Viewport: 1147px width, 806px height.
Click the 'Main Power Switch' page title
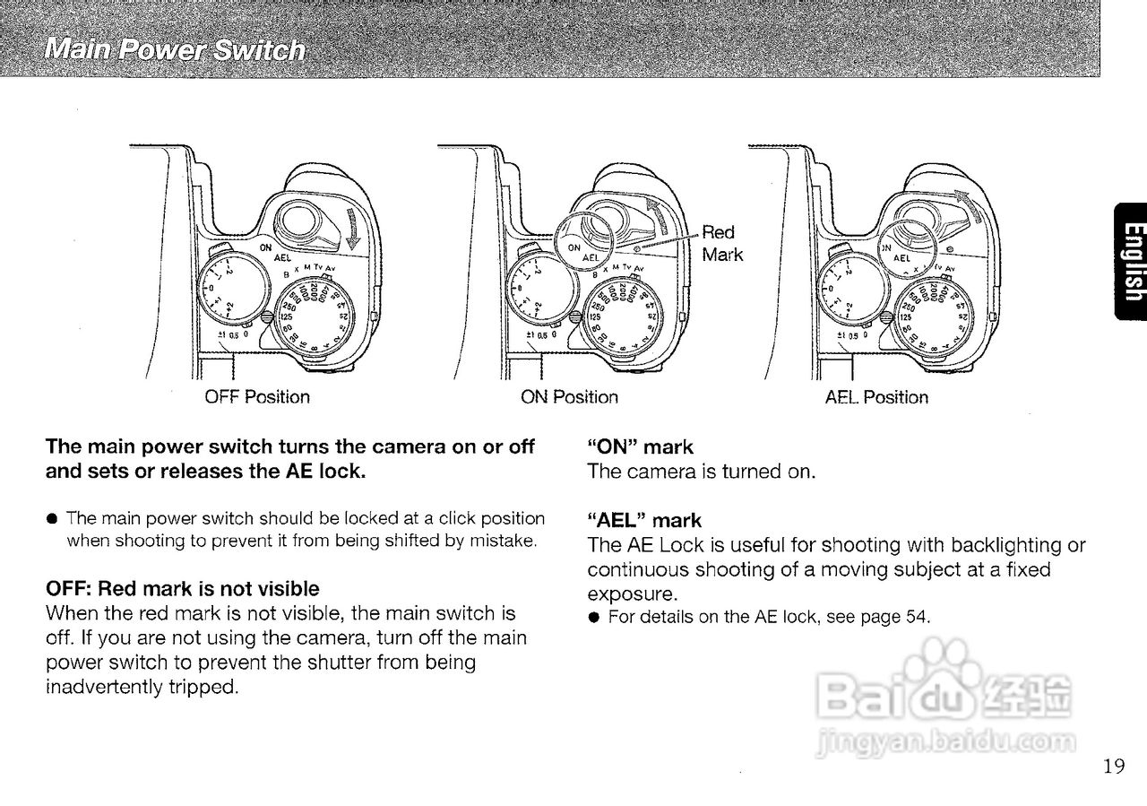click(x=176, y=48)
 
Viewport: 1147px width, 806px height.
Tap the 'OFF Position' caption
click(x=257, y=396)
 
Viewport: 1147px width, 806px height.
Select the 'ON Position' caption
click(x=569, y=396)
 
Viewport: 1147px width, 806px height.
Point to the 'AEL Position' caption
click(x=876, y=396)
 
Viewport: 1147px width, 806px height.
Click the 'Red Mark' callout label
click(x=721, y=243)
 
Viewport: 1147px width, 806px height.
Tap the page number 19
click(x=1114, y=765)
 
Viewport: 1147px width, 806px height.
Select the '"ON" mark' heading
click(x=640, y=446)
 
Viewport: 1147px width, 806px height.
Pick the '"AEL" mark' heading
click(x=644, y=520)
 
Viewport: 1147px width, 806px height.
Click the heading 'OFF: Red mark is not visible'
click(x=182, y=589)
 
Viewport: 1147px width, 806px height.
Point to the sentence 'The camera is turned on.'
click(x=702, y=472)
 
